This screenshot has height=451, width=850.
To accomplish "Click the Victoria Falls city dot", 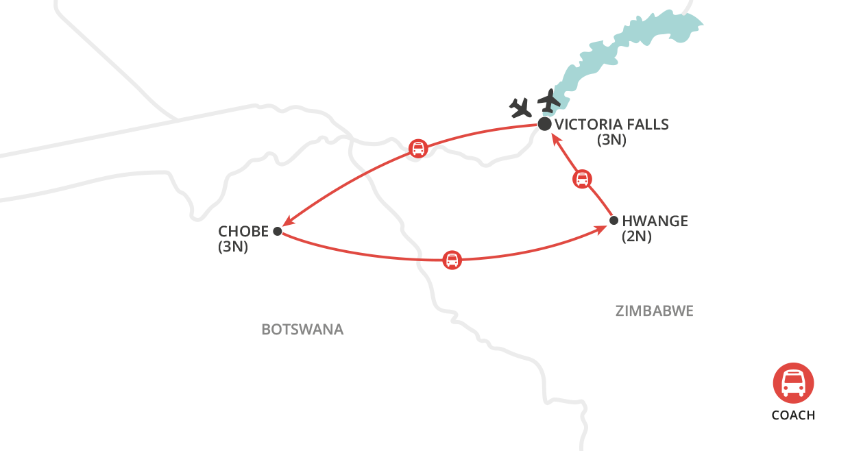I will [544, 124].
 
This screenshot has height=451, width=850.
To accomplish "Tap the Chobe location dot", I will [277, 232].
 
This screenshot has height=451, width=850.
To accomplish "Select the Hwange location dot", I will [614, 221].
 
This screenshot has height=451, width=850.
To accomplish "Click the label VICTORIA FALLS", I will [611, 125].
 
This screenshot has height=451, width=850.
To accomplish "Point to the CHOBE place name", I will [243, 232].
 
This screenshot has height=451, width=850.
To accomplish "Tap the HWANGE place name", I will [655, 221].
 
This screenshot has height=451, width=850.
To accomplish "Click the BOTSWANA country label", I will [302, 330].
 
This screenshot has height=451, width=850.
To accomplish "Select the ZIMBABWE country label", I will [655, 311].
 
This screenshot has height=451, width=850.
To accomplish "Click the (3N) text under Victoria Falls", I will [611, 141].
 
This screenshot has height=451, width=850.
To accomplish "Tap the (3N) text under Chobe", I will [233, 247].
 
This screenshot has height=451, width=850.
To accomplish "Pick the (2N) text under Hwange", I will [636, 237].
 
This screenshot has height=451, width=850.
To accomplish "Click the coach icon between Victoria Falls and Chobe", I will [418, 148].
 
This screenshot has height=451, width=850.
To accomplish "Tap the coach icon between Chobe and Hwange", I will [452, 260].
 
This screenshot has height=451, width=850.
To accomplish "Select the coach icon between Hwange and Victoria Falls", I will [581, 180].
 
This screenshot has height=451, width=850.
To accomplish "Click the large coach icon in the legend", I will [793, 382].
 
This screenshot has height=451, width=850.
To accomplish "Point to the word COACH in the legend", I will [793, 415].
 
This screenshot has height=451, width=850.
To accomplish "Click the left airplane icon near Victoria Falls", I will [521, 108].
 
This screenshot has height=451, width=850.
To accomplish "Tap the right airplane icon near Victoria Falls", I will [549, 101].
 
